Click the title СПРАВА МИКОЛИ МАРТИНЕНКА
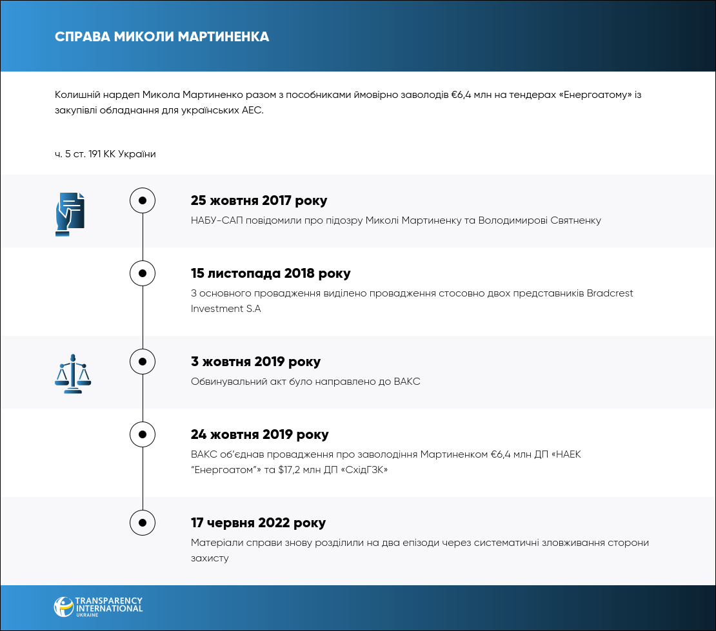point(162,37)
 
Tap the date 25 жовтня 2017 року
point(259,200)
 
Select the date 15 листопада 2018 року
point(270,273)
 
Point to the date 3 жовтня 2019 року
point(255,362)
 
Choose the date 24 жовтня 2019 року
point(259,434)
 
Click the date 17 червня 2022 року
point(258,523)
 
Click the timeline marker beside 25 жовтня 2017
point(143,200)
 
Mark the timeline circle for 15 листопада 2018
point(143,273)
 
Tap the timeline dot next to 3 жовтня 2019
point(143,362)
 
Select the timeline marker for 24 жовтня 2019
point(143,434)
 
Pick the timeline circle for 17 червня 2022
point(143,523)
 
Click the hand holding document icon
point(70,214)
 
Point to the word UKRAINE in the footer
point(108,616)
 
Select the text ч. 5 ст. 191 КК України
point(105,154)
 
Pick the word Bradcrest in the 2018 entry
point(610,293)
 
